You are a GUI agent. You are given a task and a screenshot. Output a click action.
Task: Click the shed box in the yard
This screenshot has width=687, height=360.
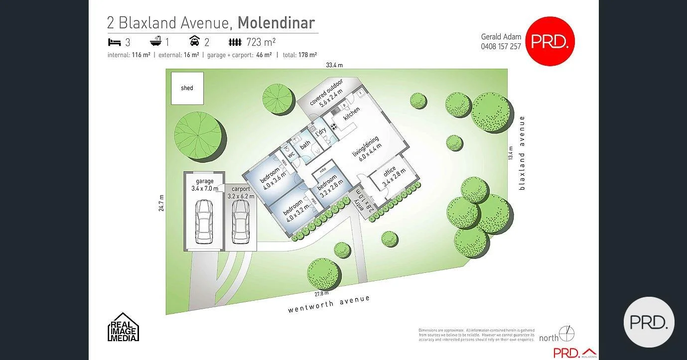pyautogui.click(x=187, y=88)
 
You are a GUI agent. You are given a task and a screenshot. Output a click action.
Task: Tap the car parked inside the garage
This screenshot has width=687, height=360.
pyautogui.click(x=203, y=220)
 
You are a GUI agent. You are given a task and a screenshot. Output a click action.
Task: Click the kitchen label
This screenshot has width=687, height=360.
pyautogui.click(x=351, y=113)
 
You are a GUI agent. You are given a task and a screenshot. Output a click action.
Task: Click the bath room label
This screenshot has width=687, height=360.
pyautogui.click(x=305, y=143)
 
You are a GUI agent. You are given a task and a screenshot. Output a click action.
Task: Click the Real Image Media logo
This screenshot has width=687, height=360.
pyautogui.click(x=123, y=327)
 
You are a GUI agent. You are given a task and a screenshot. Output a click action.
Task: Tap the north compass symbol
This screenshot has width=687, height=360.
pyautogui.click(x=566, y=333)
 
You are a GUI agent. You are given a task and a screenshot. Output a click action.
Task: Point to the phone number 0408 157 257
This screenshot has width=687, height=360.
pyautogui.click(x=501, y=46)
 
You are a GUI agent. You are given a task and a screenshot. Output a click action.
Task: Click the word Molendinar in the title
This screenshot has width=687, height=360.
pyautogui.click(x=276, y=23)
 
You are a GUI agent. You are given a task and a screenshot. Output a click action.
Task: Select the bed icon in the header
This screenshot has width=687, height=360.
pyautogui.click(x=114, y=42)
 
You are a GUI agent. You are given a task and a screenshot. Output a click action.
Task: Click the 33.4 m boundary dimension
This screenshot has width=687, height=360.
pyautogui.click(x=334, y=65)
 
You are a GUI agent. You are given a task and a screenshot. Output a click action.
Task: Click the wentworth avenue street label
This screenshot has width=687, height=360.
pyautogui.click(x=329, y=304)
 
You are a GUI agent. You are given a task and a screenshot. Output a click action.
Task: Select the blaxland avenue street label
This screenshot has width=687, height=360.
pyautogui.click(x=522, y=152)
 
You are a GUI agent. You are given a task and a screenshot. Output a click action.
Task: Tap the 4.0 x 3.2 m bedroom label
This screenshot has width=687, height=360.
pyautogui.click(x=293, y=209)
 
